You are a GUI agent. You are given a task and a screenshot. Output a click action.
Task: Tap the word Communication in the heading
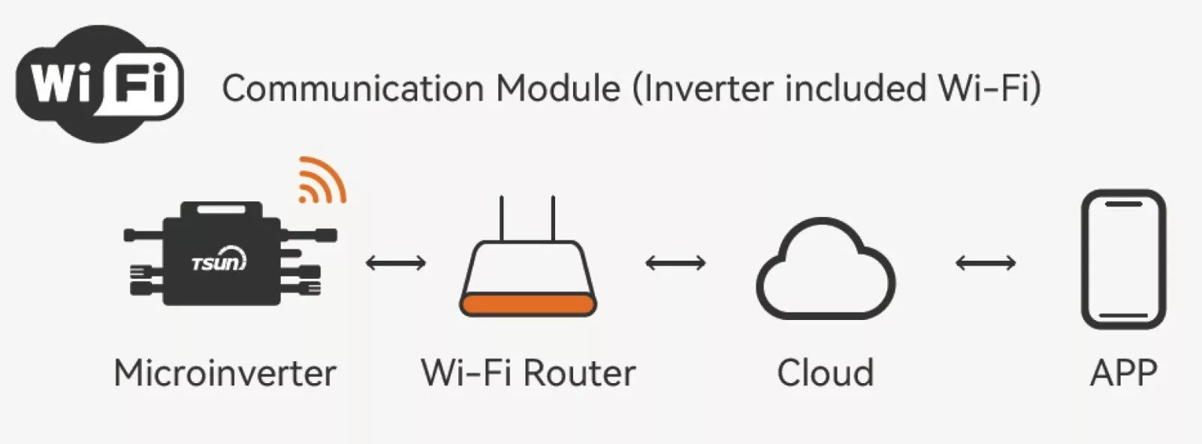coord(352,89)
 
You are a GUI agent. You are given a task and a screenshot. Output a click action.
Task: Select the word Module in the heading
coord(558,89)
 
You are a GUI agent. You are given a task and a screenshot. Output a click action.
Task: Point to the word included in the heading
coord(856,89)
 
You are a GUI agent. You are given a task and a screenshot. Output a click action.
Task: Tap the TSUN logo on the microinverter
coord(218,262)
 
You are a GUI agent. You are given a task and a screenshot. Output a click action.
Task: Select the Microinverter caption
coord(225,373)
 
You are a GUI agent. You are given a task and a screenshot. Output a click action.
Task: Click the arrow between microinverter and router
coord(396,263)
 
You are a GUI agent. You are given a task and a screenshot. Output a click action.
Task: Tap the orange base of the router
coord(528,305)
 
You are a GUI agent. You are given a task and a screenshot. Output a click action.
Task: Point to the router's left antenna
coord(501,218)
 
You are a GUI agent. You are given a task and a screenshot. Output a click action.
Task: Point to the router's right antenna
coord(554,218)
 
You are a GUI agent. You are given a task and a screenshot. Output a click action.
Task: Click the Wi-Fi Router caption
coord(528,373)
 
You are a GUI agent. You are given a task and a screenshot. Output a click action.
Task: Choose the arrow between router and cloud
coord(675,263)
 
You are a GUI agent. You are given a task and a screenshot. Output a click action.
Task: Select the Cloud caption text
coord(825,373)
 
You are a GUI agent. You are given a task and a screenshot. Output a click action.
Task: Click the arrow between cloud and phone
coord(986,263)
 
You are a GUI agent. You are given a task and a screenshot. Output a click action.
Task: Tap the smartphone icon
coord(1123,259)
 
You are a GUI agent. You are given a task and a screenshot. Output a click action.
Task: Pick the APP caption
coord(1123,373)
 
